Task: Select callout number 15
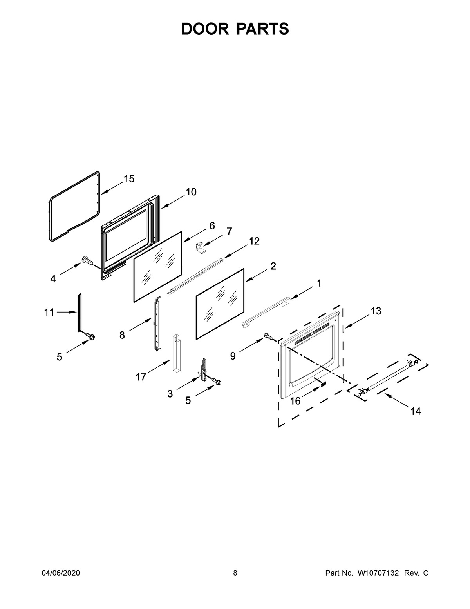(129, 178)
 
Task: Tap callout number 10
(191, 192)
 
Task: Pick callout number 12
(254, 241)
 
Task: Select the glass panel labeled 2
(220, 304)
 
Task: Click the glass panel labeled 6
(158, 267)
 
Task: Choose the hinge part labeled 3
(202, 369)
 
